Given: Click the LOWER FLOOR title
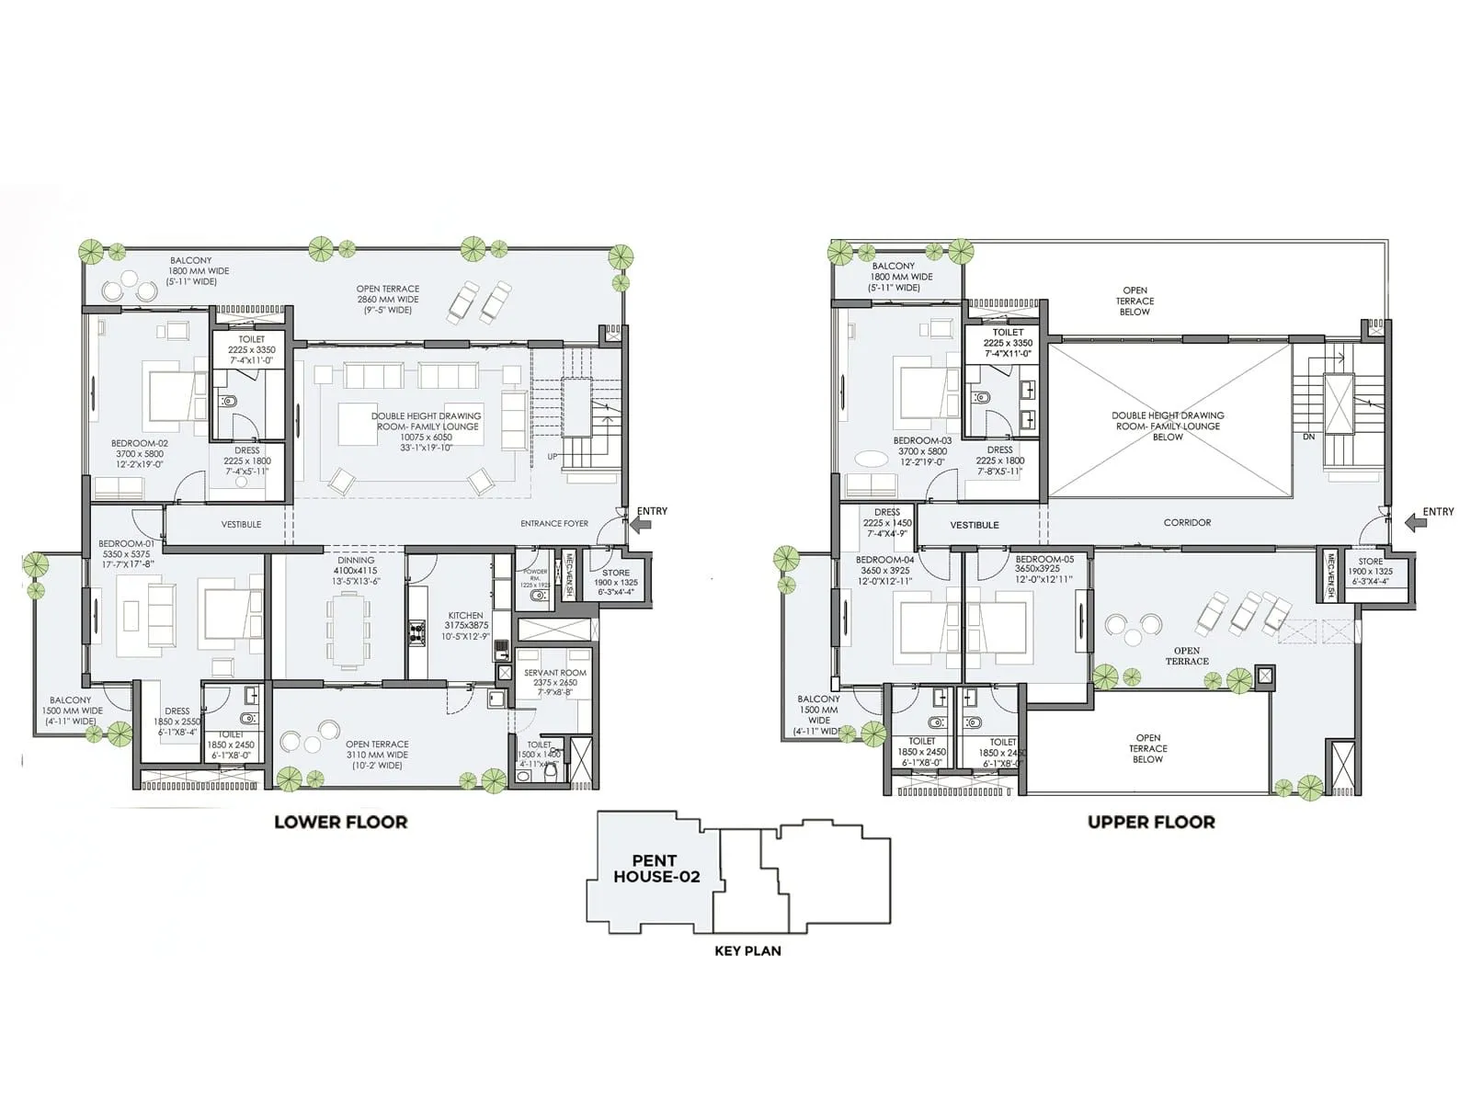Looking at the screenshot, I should point(340,822).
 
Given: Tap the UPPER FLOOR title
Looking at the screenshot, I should point(1151,822).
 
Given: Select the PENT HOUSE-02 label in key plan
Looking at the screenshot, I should point(656,869).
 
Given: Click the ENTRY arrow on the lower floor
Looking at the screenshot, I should point(641,525).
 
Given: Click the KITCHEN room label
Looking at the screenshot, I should point(465,616).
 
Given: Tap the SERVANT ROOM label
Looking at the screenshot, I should point(554,673).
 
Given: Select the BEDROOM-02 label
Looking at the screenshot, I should point(139,443).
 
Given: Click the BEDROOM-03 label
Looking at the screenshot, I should point(922,440).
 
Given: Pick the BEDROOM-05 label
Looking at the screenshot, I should point(1043,559).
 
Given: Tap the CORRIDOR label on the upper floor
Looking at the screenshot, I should point(1187,522).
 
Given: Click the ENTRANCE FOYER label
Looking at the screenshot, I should point(553,524).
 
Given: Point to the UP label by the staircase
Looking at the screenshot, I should point(553,457).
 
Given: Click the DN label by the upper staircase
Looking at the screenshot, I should point(1308,437).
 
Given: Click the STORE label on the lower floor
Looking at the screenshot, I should point(615,573).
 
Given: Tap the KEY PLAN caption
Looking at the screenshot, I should point(747,950).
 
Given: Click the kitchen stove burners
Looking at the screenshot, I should point(416,631).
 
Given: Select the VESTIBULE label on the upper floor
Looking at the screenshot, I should point(974,525).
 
